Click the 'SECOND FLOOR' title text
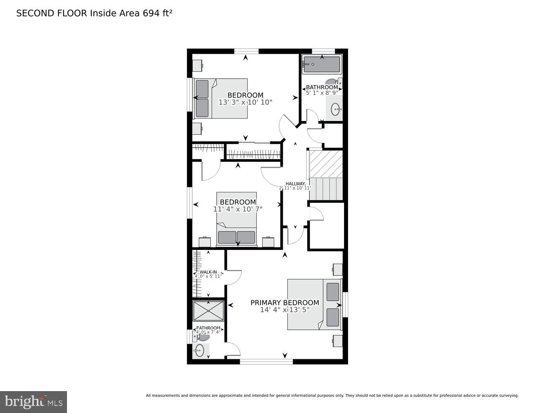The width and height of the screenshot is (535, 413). pyautogui.click(x=52, y=13)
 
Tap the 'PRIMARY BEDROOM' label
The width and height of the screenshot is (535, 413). pyautogui.click(x=284, y=303)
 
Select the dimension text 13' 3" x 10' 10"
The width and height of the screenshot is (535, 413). pyautogui.click(x=245, y=102)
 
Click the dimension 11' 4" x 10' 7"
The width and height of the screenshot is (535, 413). pyautogui.click(x=238, y=209)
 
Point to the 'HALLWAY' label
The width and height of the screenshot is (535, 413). pyautogui.click(x=295, y=184)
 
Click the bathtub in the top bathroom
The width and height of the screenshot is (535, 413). pyautogui.click(x=322, y=64)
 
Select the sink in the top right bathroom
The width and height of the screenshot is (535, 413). pyautogui.click(x=336, y=110)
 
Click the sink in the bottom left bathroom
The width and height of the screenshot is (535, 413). pyautogui.click(x=200, y=351)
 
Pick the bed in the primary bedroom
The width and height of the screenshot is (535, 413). pyautogui.click(x=314, y=304)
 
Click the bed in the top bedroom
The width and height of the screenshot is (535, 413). pyautogui.click(x=221, y=98)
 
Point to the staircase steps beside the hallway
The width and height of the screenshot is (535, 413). pyautogui.click(x=326, y=188)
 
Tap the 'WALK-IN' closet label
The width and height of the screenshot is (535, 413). pyautogui.click(x=208, y=272)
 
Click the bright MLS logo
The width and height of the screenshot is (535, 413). pyautogui.click(x=33, y=402)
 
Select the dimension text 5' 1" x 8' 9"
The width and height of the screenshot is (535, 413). pyautogui.click(x=322, y=93)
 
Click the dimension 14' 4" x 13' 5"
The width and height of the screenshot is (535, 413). pyautogui.click(x=284, y=310)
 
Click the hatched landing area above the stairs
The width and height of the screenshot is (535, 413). pyautogui.click(x=326, y=164)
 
